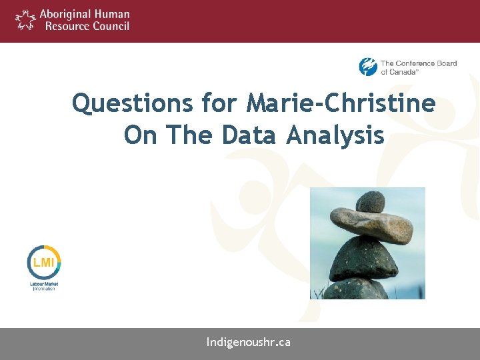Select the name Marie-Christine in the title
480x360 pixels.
click(x=341, y=104)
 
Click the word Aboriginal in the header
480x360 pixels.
click(x=67, y=14)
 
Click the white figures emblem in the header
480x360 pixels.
click(x=25, y=19)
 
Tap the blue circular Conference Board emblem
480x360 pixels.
click(x=368, y=67)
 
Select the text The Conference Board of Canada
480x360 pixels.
click(x=418, y=67)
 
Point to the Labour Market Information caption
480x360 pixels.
click(x=44, y=286)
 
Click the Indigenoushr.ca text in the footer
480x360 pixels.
click(x=248, y=343)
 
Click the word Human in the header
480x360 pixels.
click(x=113, y=14)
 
